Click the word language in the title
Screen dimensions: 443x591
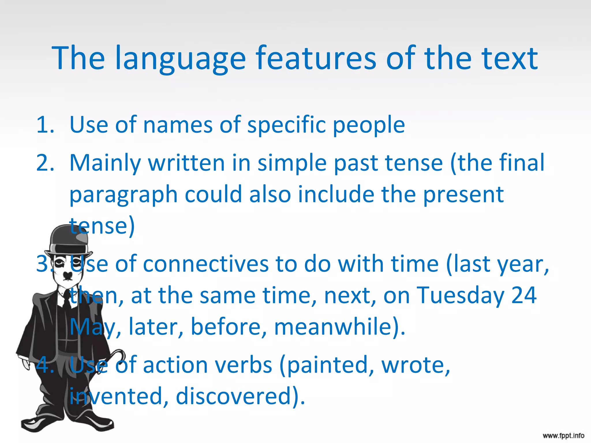click(x=180, y=59)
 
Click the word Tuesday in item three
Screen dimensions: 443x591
click(x=461, y=295)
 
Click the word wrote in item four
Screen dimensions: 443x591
click(x=416, y=365)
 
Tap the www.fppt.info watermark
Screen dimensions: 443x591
click(x=563, y=436)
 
